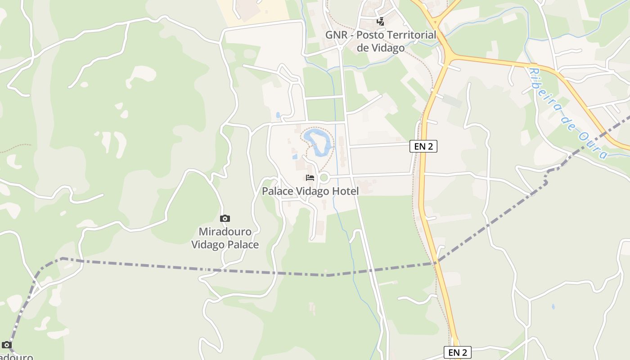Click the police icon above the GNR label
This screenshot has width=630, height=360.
click(x=381, y=21)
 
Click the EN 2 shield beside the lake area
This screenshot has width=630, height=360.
click(x=423, y=146)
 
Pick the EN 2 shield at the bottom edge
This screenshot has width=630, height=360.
click(x=458, y=352)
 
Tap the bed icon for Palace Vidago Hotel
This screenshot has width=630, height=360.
click(x=310, y=177)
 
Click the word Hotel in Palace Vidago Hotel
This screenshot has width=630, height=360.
click(x=345, y=191)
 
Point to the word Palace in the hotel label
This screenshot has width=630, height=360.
click(x=278, y=191)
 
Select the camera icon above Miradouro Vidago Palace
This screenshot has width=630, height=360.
click(x=225, y=219)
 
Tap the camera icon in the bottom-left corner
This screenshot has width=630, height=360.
click(x=6, y=345)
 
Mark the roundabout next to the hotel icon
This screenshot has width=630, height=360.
click(x=324, y=177)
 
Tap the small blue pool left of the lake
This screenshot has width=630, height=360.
click(x=295, y=157)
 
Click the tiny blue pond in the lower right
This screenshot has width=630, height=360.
click(x=553, y=307)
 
